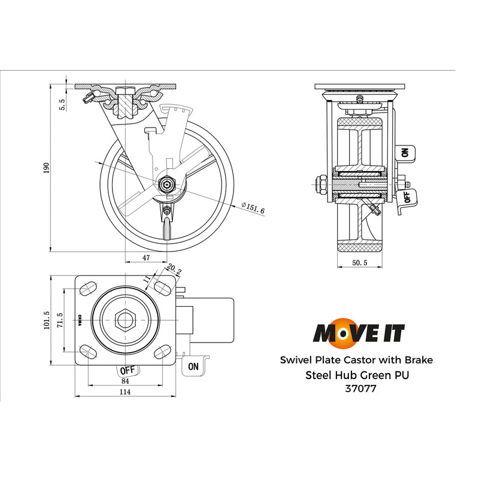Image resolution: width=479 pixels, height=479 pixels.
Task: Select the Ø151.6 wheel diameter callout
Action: pyautogui.click(x=252, y=208)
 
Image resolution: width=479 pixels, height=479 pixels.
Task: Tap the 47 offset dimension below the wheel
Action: pyautogui.click(x=146, y=257)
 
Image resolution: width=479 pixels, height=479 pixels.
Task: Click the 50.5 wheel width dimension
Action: pyautogui.click(x=360, y=263)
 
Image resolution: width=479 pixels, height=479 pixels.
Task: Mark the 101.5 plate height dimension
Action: pyautogui.click(x=46, y=320)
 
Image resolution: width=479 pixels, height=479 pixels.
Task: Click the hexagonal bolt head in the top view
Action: pyautogui.click(x=125, y=319)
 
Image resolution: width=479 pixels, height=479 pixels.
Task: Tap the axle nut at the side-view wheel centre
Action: pyautogui.click(x=166, y=185)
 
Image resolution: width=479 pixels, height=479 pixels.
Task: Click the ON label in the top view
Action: pyautogui.click(x=193, y=366)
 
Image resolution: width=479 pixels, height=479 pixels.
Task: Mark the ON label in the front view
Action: pyautogui.click(x=406, y=153)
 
